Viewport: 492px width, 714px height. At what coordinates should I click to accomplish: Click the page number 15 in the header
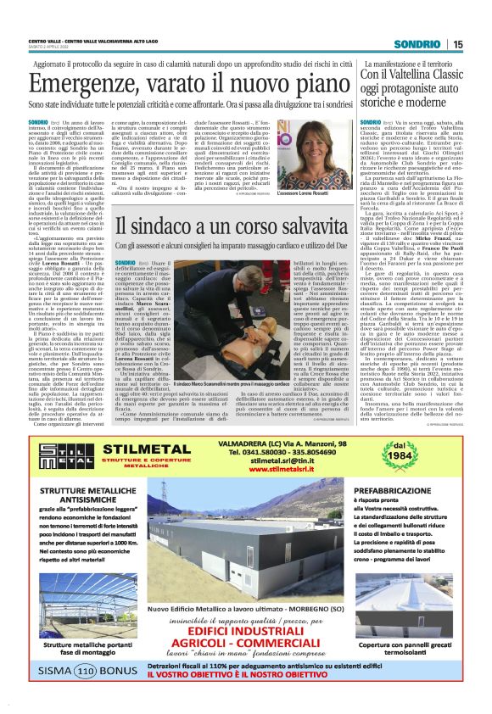pyautogui.click(x=457, y=44)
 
